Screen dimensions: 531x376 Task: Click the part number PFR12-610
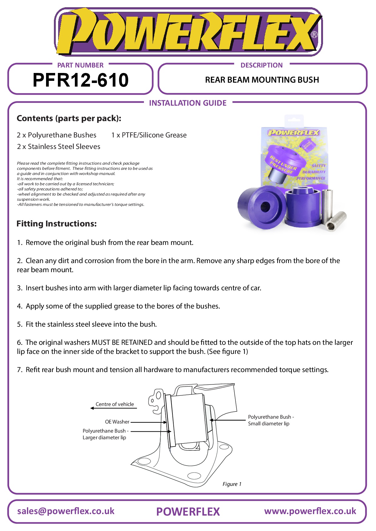click(x=80, y=80)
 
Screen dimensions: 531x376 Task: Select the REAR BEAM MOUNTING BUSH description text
click(x=262, y=80)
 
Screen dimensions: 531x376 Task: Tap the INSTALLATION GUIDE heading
click(x=188, y=103)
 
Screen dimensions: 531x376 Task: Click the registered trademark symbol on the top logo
click(x=314, y=35)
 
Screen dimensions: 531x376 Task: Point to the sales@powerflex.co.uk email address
click(x=66, y=511)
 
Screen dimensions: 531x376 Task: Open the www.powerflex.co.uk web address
click(x=310, y=511)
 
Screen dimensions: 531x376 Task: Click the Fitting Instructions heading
click(x=57, y=224)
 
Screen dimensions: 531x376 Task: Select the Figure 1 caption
click(x=232, y=484)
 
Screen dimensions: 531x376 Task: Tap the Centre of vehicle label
click(x=115, y=404)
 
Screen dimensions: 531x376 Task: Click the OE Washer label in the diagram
click(x=117, y=422)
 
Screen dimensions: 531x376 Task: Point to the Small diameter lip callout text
click(x=268, y=424)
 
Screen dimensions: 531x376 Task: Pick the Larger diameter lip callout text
click(x=104, y=437)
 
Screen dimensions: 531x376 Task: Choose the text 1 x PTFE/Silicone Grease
click(x=149, y=135)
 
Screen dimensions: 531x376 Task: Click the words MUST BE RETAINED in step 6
click(x=122, y=342)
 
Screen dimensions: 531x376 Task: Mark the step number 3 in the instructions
click(x=19, y=288)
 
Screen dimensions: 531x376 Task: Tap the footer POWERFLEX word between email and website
click(x=188, y=512)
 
